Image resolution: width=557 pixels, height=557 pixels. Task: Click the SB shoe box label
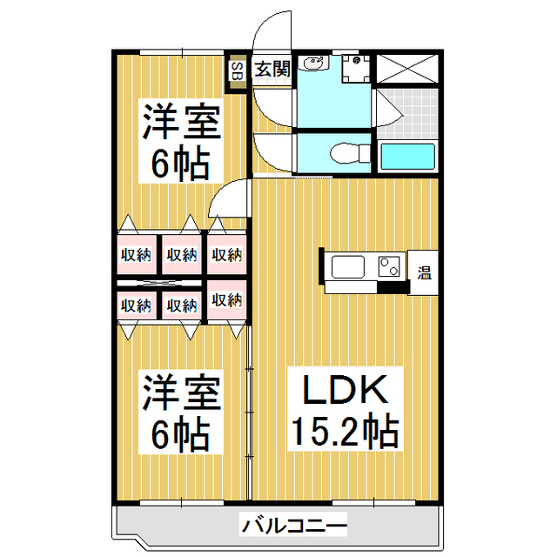[236, 74]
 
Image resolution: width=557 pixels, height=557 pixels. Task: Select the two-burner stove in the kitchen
[388, 265]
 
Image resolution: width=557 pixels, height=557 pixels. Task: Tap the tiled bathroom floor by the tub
[407, 111]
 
